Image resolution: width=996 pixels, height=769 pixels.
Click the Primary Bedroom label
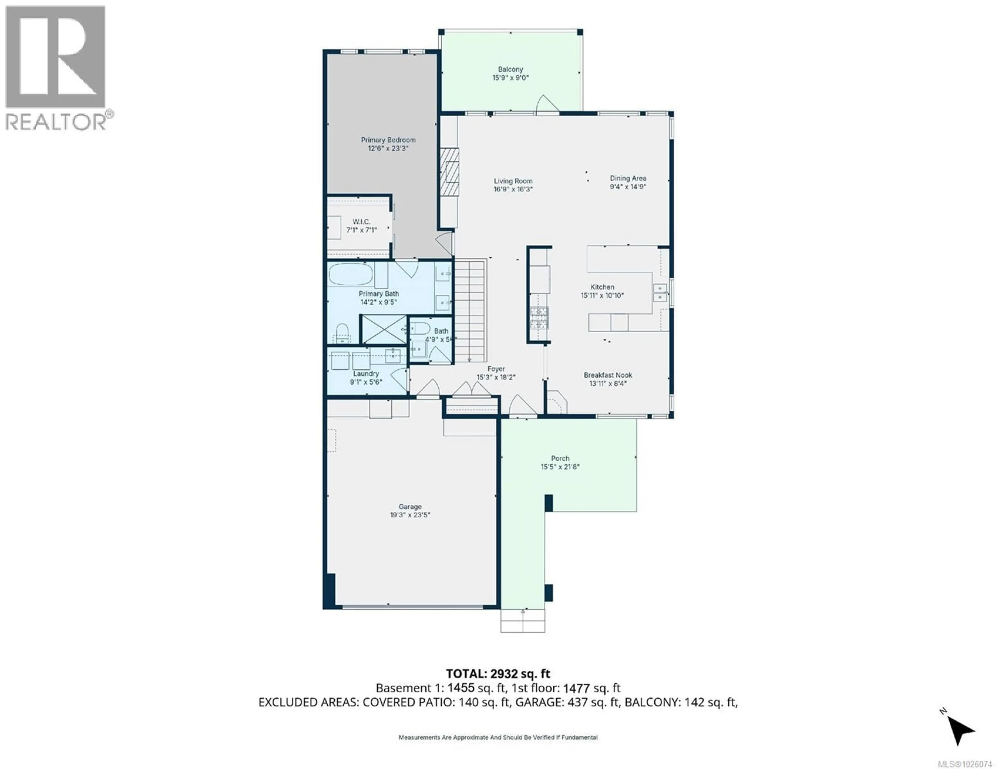(388, 140)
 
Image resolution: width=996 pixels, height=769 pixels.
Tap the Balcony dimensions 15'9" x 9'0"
(510, 78)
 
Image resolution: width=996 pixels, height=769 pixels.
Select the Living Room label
(513, 181)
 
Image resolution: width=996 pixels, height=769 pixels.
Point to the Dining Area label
(628, 178)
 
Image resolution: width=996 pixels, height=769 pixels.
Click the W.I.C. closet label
(361, 222)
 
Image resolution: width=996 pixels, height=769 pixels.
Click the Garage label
(410, 506)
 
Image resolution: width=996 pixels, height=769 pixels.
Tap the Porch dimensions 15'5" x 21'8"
(560, 466)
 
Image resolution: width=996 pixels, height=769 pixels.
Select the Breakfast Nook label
(608, 375)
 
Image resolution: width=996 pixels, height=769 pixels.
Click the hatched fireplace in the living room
(449, 171)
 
